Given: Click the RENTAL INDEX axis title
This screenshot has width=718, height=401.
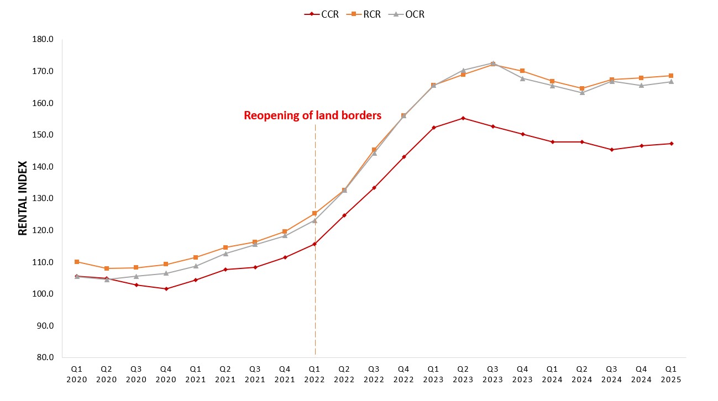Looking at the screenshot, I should (x=23, y=198).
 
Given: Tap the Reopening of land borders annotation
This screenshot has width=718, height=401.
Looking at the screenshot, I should (x=312, y=115).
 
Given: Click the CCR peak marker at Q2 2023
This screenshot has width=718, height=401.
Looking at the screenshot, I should (x=463, y=118).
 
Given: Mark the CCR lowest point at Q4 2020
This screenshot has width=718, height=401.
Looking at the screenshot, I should (x=166, y=289).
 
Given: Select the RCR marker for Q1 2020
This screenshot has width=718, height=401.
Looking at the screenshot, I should (x=77, y=262).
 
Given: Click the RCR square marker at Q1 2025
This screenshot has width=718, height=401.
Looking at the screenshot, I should (x=671, y=76).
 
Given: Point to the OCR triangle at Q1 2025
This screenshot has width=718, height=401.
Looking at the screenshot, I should (x=671, y=82).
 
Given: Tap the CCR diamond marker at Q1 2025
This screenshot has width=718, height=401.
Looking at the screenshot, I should (x=671, y=144).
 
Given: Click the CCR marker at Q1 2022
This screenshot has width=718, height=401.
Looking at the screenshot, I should (x=315, y=244).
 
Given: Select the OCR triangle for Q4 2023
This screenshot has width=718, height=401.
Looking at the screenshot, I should (x=522, y=78).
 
